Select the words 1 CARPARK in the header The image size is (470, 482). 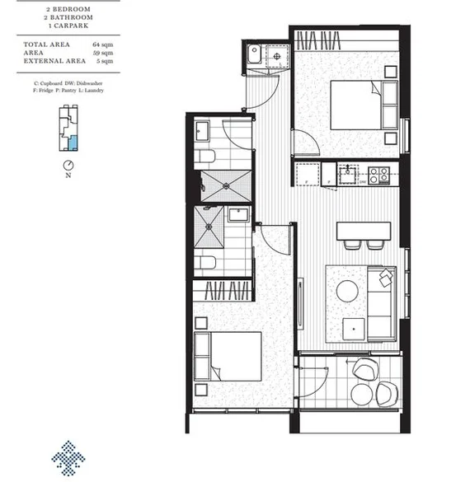(x=68, y=24)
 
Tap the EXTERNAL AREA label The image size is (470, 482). (x=53, y=61)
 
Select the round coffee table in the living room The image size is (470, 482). (x=346, y=290)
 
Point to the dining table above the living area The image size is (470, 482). (x=362, y=229)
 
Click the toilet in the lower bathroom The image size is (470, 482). (x=207, y=264)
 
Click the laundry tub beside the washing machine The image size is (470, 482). (x=255, y=57)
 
